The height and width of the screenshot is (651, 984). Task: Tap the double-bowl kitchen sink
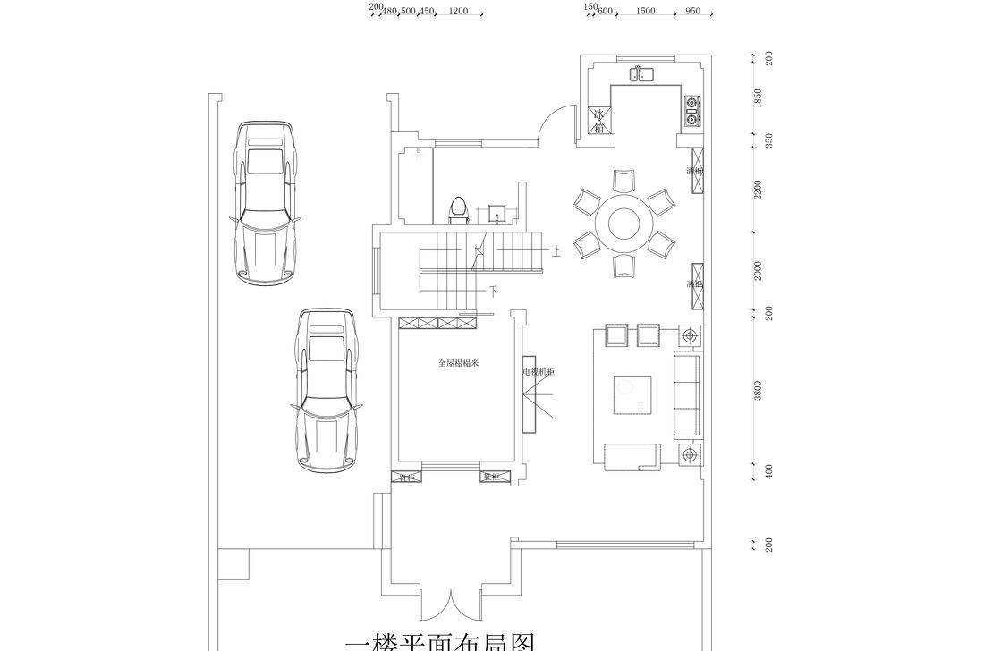point(644,74)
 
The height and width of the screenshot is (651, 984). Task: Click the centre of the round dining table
point(623,221)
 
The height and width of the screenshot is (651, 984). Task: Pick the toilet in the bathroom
point(459,209)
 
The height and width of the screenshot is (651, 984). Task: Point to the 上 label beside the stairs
point(556,253)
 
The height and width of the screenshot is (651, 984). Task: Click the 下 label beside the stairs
point(493,292)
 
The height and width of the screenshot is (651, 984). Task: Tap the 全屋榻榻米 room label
point(458,363)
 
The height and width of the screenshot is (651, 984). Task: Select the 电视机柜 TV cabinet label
point(539,371)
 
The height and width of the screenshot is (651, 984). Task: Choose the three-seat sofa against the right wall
point(688,395)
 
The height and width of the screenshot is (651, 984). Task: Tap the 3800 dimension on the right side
point(759,390)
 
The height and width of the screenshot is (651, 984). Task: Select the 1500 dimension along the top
point(645,12)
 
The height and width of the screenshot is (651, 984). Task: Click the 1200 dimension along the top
point(458,12)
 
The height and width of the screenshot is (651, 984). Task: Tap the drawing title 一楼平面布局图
point(439,642)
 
